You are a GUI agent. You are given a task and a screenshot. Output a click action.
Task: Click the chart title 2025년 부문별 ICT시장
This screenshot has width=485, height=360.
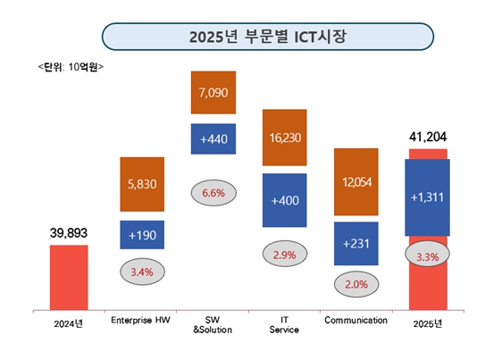(241, 37)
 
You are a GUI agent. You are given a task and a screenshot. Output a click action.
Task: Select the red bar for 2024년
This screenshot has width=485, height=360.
(68, 276)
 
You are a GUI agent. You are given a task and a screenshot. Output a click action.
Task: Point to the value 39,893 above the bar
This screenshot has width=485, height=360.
(68, 233)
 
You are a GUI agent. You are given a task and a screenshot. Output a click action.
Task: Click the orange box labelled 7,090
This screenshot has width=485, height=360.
(213, 93)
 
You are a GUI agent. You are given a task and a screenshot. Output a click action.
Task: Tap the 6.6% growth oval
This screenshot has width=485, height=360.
(213, 192)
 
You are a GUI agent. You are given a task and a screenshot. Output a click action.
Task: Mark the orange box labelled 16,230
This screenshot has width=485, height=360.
(284, 138)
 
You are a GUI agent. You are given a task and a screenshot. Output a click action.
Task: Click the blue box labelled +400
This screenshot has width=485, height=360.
(284, 200)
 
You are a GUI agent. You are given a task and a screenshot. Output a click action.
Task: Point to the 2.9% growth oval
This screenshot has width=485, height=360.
(284, 255)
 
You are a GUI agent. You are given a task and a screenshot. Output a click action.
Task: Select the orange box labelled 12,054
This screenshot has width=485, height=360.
(355, 182)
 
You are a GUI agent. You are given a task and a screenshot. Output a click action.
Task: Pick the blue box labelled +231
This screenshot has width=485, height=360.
(355, 241)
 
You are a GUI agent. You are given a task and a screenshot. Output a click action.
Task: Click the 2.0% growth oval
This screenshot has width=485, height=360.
(355, 284)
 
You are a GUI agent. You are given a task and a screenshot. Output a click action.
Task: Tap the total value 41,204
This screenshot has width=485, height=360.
(428, 137)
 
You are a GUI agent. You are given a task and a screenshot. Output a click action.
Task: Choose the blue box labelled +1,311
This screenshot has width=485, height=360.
(428, 197)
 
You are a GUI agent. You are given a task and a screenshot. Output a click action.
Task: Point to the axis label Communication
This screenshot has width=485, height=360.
(355, 319)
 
